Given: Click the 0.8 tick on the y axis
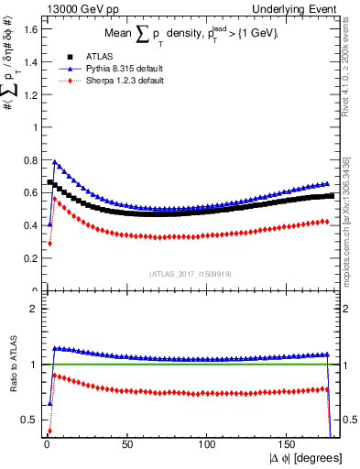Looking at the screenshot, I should (x=29, y=160).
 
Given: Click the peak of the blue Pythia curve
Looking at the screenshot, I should (x=55, y=163).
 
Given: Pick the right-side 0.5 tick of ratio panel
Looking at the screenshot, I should (x=349, y=420).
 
